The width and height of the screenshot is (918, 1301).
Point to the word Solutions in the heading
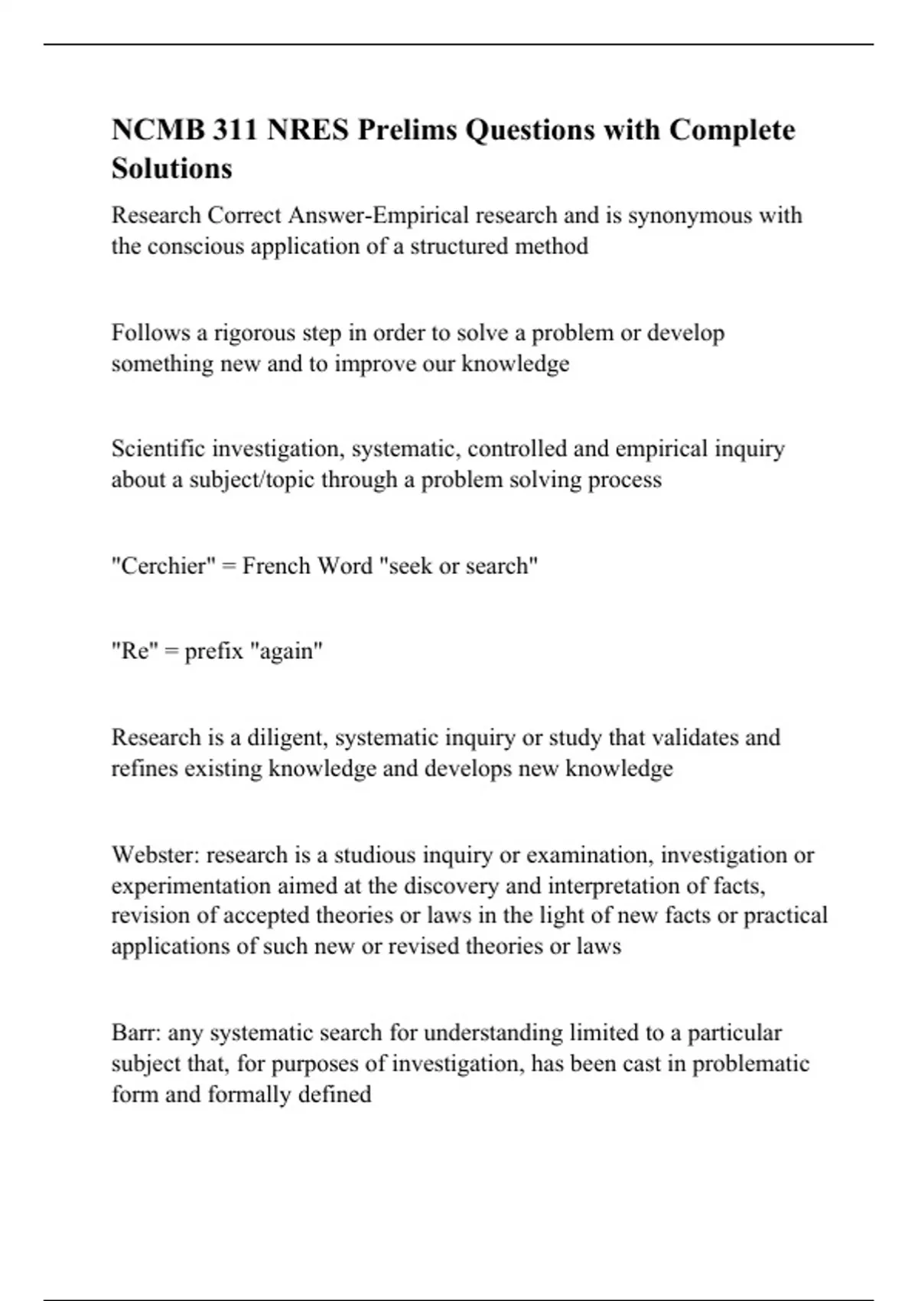click(171, 168)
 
